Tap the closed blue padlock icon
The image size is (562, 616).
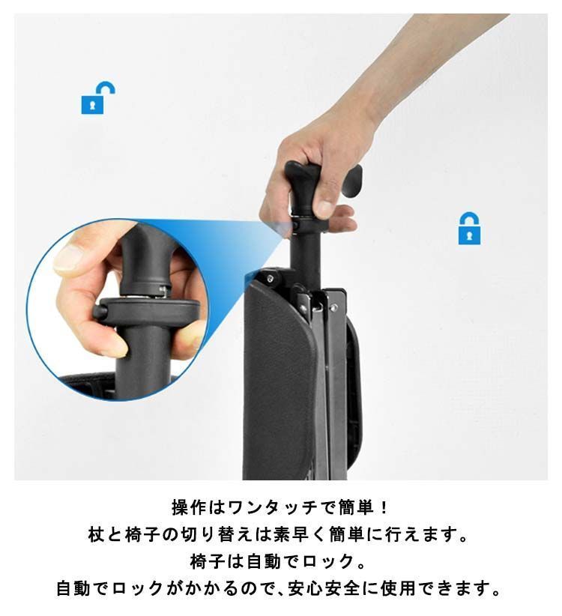(x=470, y=229)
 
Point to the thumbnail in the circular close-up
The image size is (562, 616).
(x=68, y=259)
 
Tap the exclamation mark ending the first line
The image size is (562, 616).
(x=384, y=508)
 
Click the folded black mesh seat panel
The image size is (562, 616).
(x=281, y=382)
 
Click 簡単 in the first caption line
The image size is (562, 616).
(x=349, y=508)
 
